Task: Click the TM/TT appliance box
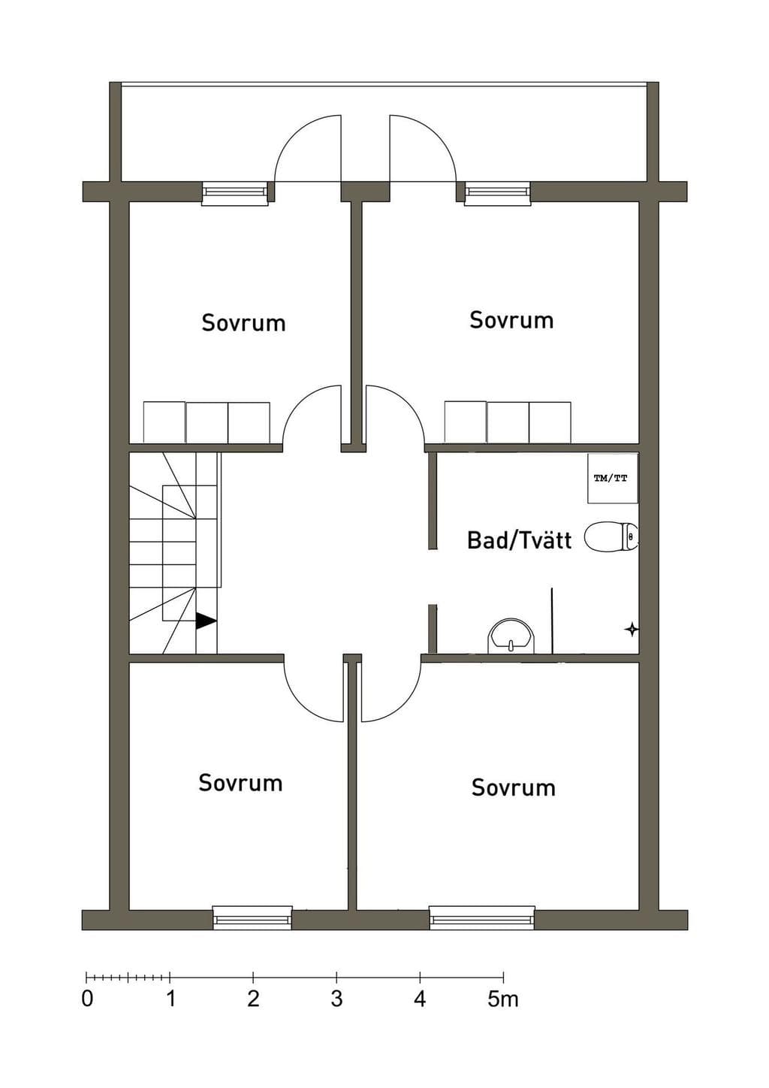tap(612, 479)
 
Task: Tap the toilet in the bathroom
tap(611, 536)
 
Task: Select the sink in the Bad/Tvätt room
tap(510, 636)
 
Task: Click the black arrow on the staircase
tap(206, 621)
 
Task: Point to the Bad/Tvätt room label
tap(519, 540)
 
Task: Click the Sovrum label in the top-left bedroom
tap(243, 323)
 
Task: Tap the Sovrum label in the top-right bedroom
tap(511, 320)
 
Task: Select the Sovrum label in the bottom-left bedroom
tap(240, 782)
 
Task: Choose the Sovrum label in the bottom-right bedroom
tap(513, 787)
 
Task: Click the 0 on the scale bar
tap(87, 999)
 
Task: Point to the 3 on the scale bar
tap(337, 999)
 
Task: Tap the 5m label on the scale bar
tap(503, 999)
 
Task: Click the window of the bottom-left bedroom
tap(252, 917)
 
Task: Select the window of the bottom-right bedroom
tap(481, 917)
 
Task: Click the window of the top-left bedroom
tap(234, 194)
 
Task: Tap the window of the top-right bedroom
tap(497, 194)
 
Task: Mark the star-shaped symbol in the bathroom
tap(631, 630)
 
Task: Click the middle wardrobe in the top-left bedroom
tap(207, 422)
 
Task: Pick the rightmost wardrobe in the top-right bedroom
tap(550, 422)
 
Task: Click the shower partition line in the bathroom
tap(553, 621)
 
